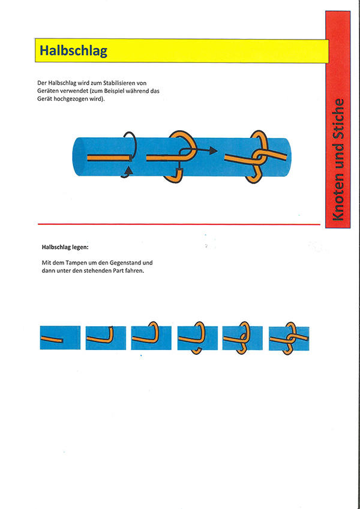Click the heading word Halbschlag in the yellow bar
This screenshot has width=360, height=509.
click(73, 51)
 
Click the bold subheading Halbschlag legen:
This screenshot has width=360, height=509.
click(65, 248)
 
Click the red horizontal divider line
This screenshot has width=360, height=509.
click(179, 224)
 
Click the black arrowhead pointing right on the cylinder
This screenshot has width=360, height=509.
click(213, 150)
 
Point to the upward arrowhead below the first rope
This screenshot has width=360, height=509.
click(130, 170)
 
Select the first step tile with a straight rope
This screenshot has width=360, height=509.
click(60, 338)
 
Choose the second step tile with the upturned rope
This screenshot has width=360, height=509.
click(106, 338)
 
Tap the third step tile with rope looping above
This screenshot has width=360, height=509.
click(151, 338)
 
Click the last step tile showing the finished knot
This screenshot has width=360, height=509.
click(289, 339)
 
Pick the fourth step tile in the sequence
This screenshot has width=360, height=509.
click(197, 338)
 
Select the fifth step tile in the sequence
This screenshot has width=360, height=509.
click(242, 338)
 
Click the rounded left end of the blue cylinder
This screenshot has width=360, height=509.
click(76, 157)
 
